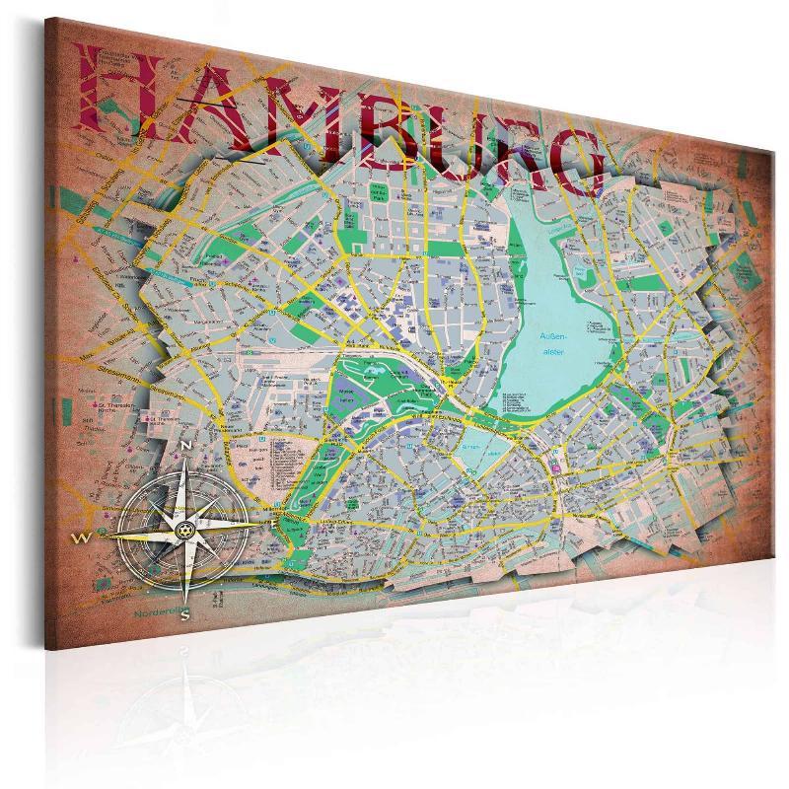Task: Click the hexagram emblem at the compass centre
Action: (x=183, y=531)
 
